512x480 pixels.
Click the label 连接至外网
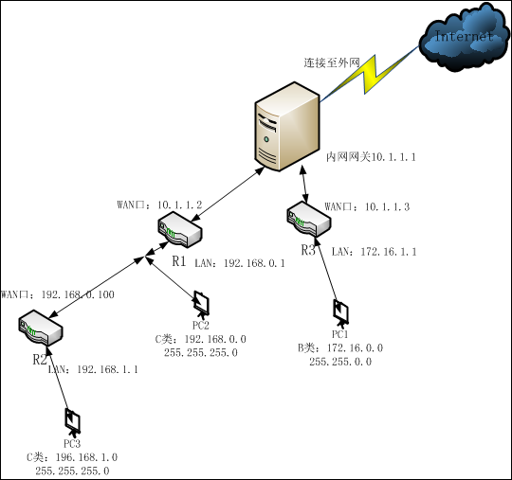[332, 62]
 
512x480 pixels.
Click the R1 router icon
[179, 229]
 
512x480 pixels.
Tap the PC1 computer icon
[340, 311]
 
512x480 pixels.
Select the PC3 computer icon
[70, 418]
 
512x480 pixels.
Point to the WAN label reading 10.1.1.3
[367, 206]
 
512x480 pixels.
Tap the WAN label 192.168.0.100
[57, 294]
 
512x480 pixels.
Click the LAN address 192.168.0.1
[239, 262]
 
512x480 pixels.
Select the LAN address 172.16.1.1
[374, 251]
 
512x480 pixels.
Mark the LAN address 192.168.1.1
[93, 369]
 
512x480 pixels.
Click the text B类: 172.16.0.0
[340, 347]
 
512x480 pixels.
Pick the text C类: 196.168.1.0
[72, 456]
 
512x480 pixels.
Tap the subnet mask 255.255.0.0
[340, 362]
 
